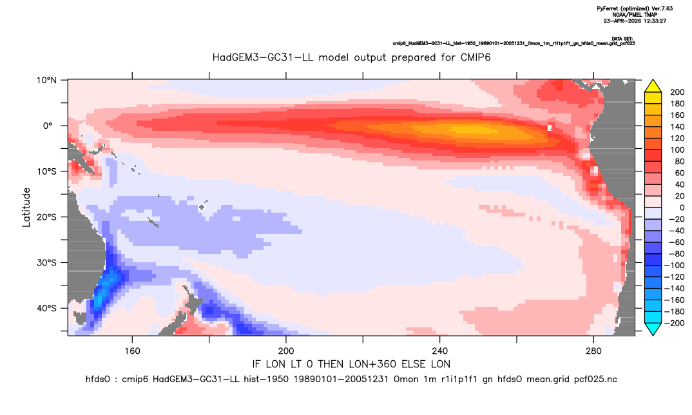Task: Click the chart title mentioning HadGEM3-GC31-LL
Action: pos(351,57)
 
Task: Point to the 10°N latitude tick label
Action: pos(46,81)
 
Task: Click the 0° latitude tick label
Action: pos(48,126)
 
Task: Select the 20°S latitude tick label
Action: pos(46,217)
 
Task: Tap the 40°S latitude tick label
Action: pos(46,308)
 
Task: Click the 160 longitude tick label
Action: pos(132,351)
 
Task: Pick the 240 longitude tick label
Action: pos(440,351)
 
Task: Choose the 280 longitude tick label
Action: pos(593,351)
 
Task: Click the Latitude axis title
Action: pos(26,207)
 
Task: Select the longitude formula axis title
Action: pos(351,364)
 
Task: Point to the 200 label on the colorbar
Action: pos(677,92)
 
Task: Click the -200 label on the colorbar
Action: pos(675,323)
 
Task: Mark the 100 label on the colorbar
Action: pos(677,150)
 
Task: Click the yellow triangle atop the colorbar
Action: pos(653,86)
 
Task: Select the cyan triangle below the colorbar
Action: pos(653,329)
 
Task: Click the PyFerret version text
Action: pos(635,8)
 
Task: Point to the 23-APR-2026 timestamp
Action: pos(635,21)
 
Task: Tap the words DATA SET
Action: pos(622,39)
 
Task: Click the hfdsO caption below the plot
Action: pos(351,380)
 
